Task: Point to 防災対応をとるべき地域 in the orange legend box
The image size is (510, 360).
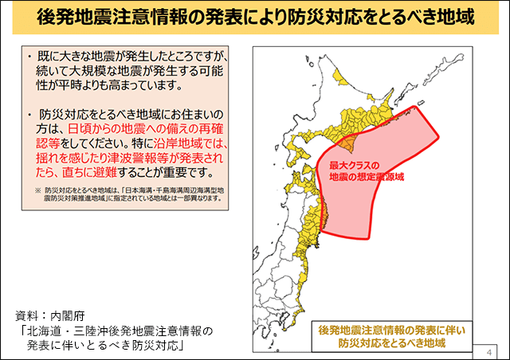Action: tap(390, 343)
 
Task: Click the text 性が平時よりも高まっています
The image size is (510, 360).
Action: tap(120, 86)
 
